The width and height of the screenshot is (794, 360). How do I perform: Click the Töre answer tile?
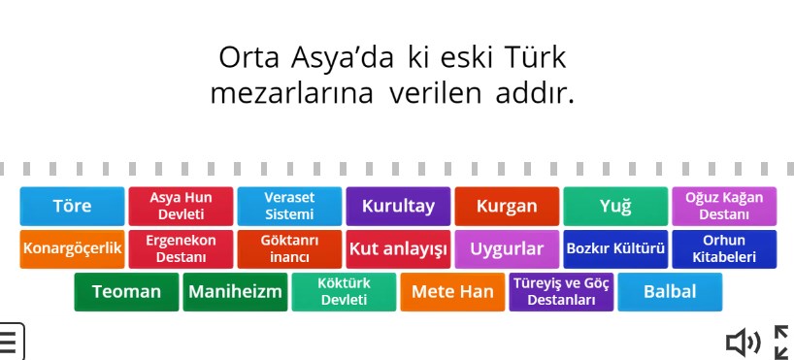coord(72,206)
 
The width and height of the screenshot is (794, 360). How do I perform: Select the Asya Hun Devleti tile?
coord(181,206)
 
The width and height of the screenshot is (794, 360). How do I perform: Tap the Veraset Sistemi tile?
coord(289,206)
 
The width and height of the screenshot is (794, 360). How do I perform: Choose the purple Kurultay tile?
coord(398,206)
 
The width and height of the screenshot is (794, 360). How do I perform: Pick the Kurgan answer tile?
coord(507,206)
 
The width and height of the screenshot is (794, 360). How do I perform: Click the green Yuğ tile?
coord(615,206)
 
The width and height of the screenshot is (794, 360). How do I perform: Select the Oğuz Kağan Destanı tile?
coord(724,206)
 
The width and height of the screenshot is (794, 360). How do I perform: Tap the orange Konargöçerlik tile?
coord(72,248)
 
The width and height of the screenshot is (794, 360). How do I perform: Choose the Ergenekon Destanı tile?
coord(181,248)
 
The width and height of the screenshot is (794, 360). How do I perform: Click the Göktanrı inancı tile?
coord(289,248)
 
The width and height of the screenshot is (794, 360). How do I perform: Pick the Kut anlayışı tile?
coord(398,248)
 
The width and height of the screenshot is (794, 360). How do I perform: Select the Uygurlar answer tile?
coord(507,248)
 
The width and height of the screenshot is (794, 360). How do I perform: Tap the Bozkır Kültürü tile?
coord(615,248)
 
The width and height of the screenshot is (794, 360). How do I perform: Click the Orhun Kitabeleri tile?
coord(724,248)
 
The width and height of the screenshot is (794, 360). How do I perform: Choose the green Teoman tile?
coord(126,291)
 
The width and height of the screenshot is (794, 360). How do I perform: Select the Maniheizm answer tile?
coord(235,291)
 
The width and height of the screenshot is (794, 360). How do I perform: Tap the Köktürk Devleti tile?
coord(344,291)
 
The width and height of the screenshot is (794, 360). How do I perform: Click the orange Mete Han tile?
coord(452,291)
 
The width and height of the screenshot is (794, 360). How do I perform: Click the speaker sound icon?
coord(743,342)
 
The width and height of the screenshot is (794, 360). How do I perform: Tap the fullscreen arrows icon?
coord(780,342)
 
